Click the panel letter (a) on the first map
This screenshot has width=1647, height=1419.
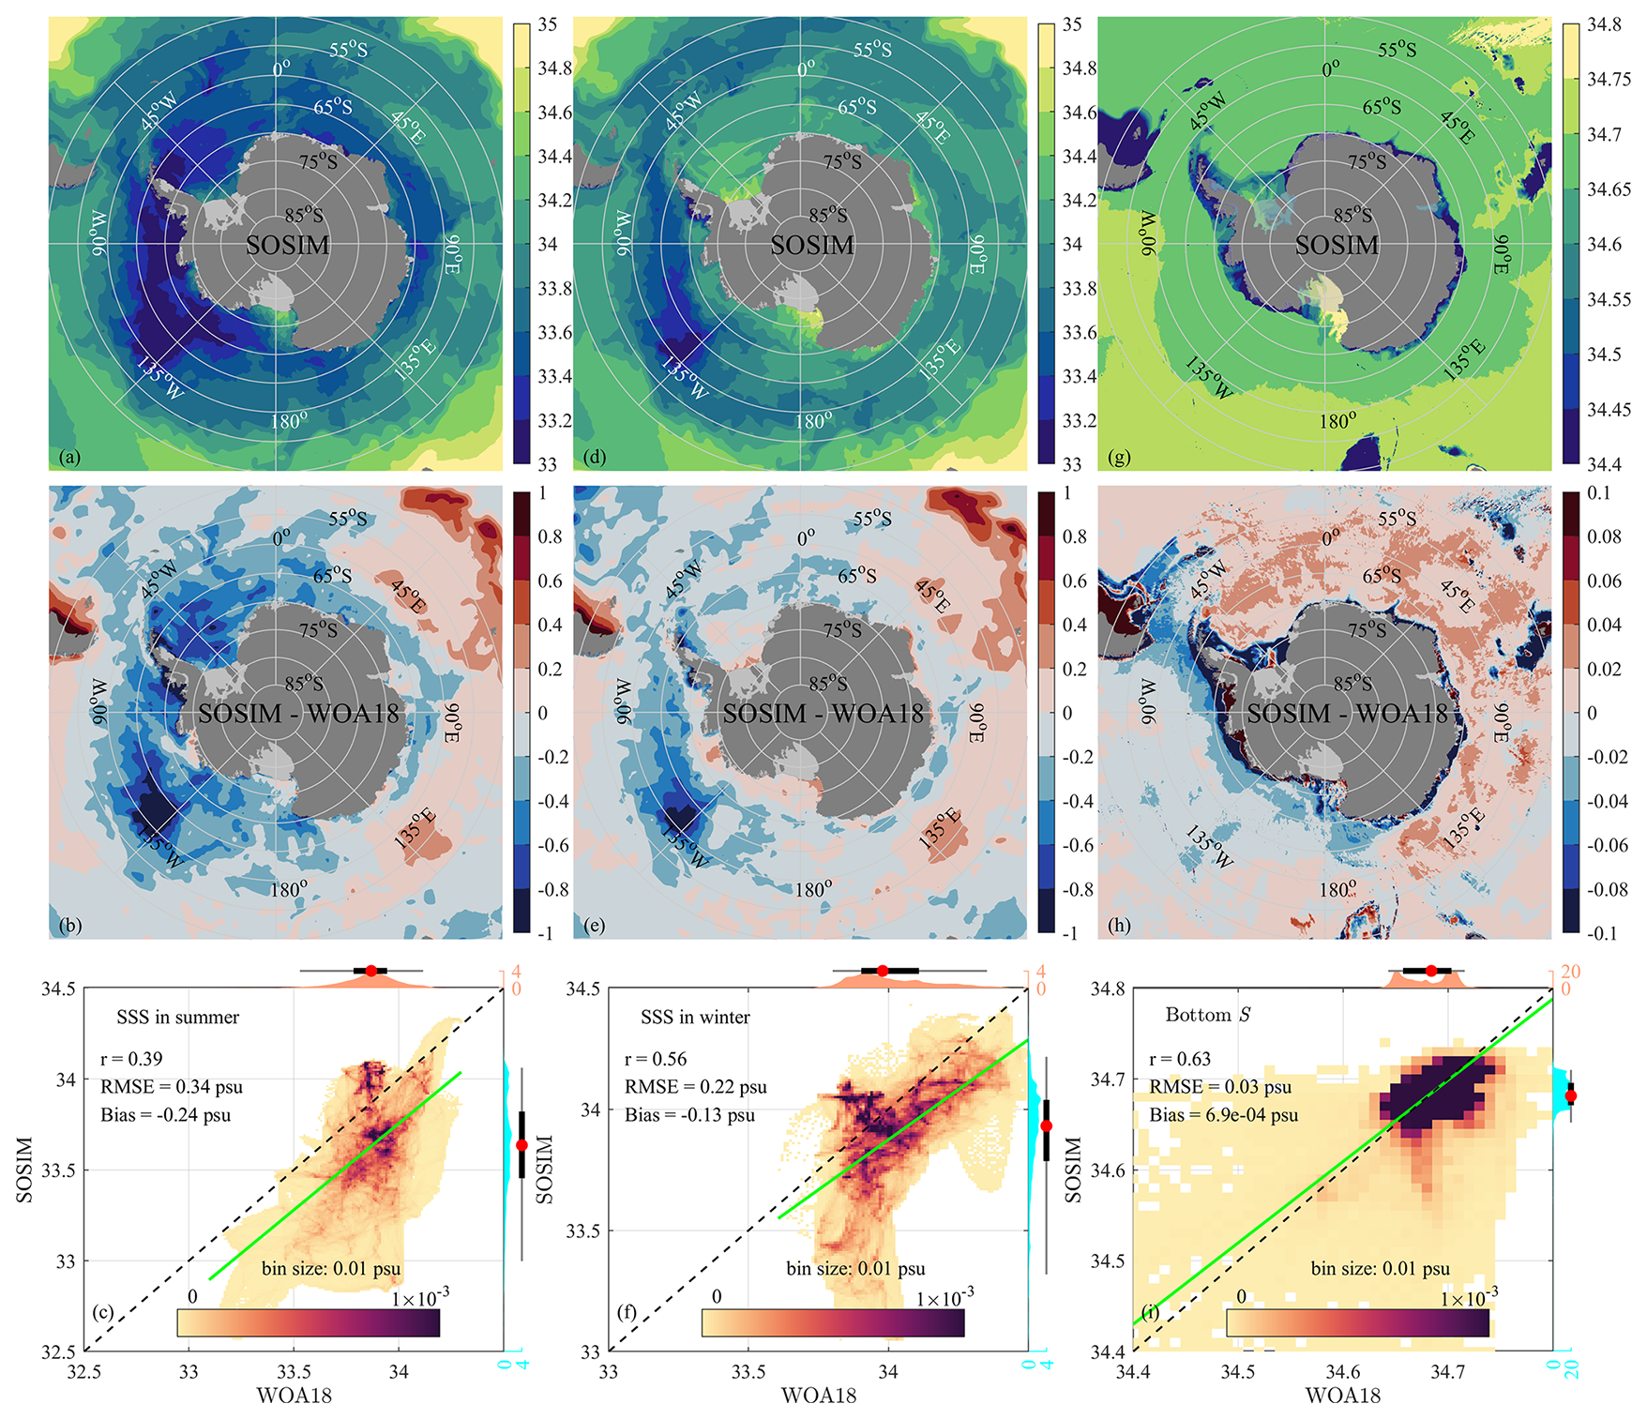click(69, 457)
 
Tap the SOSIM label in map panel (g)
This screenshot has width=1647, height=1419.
click(1337, 246)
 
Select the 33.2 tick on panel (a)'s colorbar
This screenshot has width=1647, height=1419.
click(554, 420)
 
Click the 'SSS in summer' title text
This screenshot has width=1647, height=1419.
click(177, 1018)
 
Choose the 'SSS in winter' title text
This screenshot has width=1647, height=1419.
click(695, 1018)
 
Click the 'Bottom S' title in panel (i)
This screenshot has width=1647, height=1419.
click(1208, 1015)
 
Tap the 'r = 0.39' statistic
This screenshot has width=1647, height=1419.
click(131, 1059)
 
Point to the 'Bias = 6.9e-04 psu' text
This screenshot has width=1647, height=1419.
click(1224, 1115)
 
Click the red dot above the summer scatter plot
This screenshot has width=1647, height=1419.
click(370, 971)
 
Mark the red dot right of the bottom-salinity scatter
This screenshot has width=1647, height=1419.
click(1571, 1095)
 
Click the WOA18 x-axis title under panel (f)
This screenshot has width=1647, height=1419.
click(819, 1396)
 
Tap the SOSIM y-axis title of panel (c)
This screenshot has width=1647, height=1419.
click(24, 1170)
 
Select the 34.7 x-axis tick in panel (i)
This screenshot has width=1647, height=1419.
click(1447, 1372)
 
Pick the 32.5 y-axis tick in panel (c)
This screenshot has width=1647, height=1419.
click(58, 1351)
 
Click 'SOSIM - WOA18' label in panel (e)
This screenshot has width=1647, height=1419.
click(823, 715)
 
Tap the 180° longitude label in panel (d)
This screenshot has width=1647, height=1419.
click(812, 421)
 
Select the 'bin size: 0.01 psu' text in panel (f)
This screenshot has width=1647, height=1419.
click(855, 1269)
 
